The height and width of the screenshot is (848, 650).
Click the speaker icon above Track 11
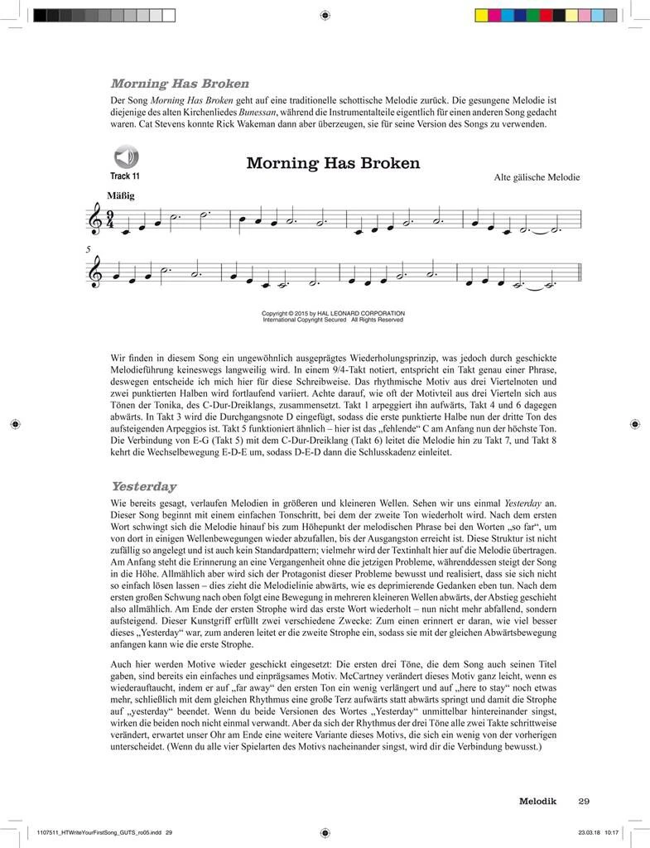(x=124, y=157)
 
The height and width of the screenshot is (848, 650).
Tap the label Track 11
(x=124, y=176)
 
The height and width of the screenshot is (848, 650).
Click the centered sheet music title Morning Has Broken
(x=333, y=163)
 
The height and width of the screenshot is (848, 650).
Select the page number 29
(x=584, y=800)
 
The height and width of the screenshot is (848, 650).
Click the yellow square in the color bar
(x=480, y=15)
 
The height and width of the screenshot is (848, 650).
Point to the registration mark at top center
(x=325, y=15)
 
